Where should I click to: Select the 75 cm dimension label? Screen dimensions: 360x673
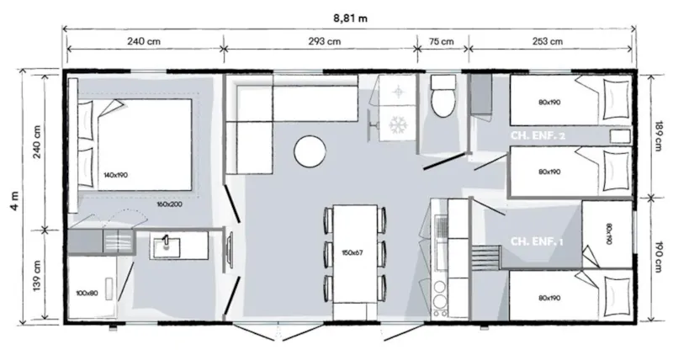point(441,42)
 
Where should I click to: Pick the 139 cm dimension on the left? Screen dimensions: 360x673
point(35,275)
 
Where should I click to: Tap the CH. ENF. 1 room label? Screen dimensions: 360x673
point(536,242)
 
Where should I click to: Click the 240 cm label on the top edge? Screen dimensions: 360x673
point(144,42)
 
